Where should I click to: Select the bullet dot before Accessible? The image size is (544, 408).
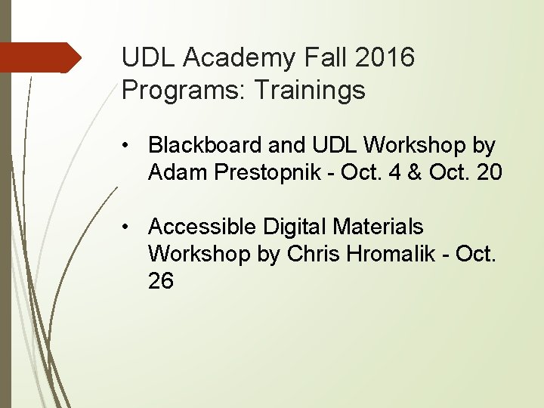131,226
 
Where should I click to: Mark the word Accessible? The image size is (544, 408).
202,226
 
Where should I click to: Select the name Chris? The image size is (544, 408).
311,254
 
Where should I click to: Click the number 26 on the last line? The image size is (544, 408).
161,282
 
